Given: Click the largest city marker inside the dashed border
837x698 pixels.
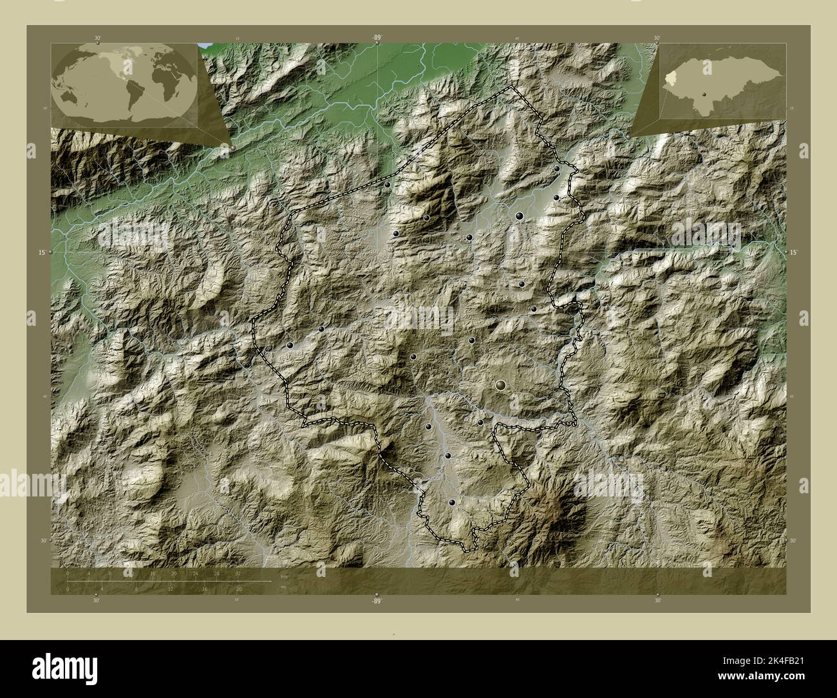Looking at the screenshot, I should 501,385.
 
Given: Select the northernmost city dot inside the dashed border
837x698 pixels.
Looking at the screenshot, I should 557,169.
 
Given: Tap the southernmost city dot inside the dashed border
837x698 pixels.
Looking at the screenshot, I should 453,503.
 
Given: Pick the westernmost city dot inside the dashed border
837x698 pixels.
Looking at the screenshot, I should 291,346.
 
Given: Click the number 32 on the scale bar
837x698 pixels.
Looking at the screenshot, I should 239,573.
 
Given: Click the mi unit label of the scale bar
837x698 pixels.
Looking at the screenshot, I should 285,587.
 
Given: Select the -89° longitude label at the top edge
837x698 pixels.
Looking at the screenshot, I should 377,39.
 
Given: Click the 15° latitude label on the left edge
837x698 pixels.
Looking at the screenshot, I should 42,252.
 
